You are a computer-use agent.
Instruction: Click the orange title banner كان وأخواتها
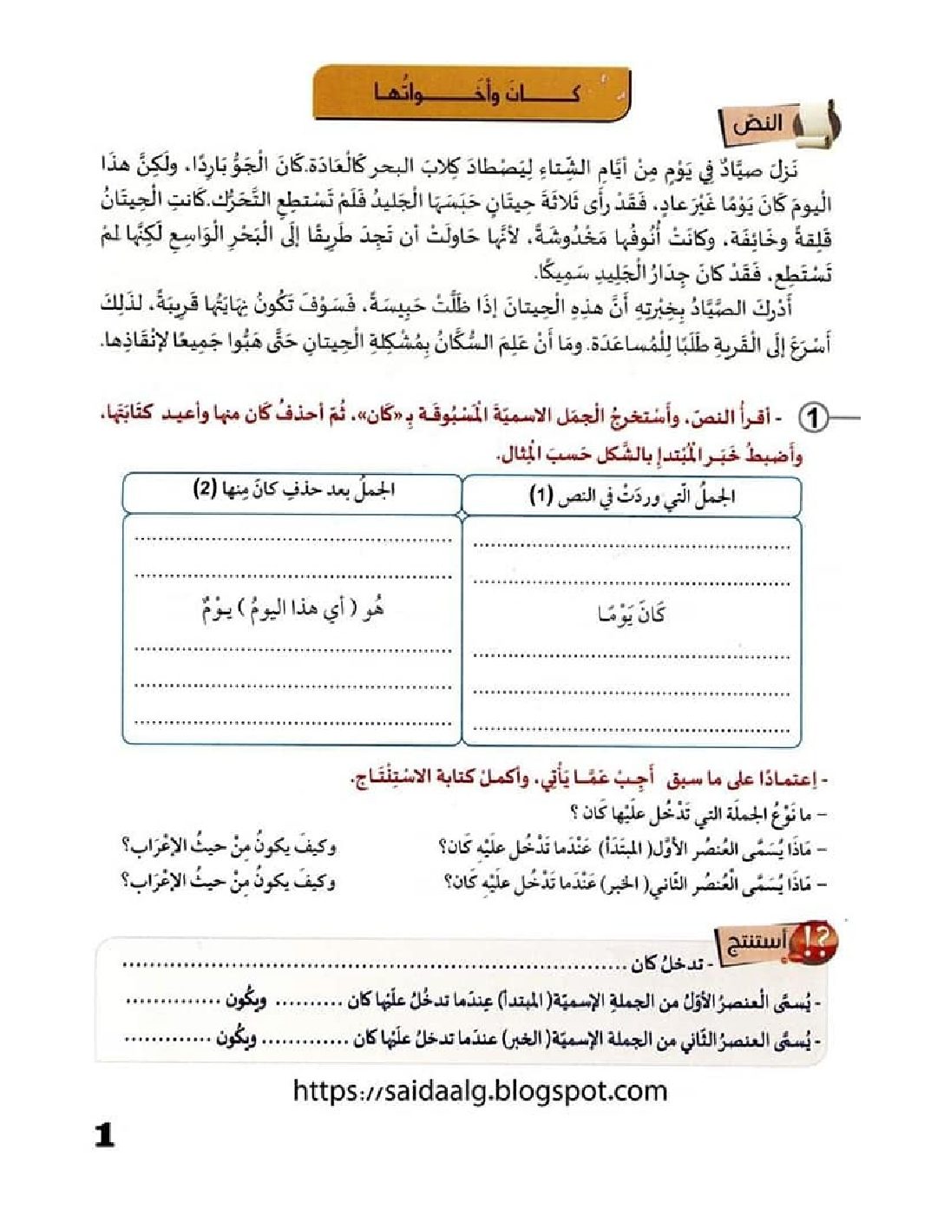471,92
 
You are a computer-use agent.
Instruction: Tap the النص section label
757,124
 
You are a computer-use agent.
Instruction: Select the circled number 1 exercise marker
813,418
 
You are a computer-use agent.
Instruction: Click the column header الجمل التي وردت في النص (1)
632,496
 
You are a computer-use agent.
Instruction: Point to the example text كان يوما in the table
631,614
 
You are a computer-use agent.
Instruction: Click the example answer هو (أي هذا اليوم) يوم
292,610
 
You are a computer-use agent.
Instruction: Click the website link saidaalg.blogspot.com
480,1090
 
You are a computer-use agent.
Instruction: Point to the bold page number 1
105,1134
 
